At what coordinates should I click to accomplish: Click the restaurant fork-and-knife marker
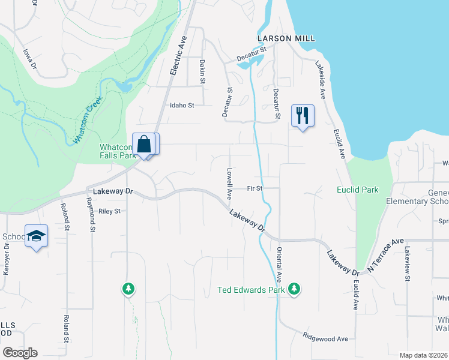(x=302, y=115)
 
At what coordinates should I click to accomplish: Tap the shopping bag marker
(x=144, y=144)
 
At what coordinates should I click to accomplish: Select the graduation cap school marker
(x=37, y=236)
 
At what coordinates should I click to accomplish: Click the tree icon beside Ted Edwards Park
(x=294, y=290)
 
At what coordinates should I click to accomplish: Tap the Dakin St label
(x=203, y=71)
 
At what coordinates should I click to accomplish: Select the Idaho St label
(x=182, y=106)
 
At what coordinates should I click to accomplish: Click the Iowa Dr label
(x=29, y=59)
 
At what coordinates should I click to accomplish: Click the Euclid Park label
(x=357, y=190)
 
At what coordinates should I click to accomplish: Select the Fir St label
(x=255, y=188)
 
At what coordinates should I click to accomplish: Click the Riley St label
(x=109, y=211)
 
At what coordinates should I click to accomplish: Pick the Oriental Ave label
(x=279, y=268)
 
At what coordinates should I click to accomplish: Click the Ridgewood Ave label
(x=325, y=338)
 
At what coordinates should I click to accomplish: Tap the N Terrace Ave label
(x=386, y=254)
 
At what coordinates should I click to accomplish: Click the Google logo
(x=20, y=353)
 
